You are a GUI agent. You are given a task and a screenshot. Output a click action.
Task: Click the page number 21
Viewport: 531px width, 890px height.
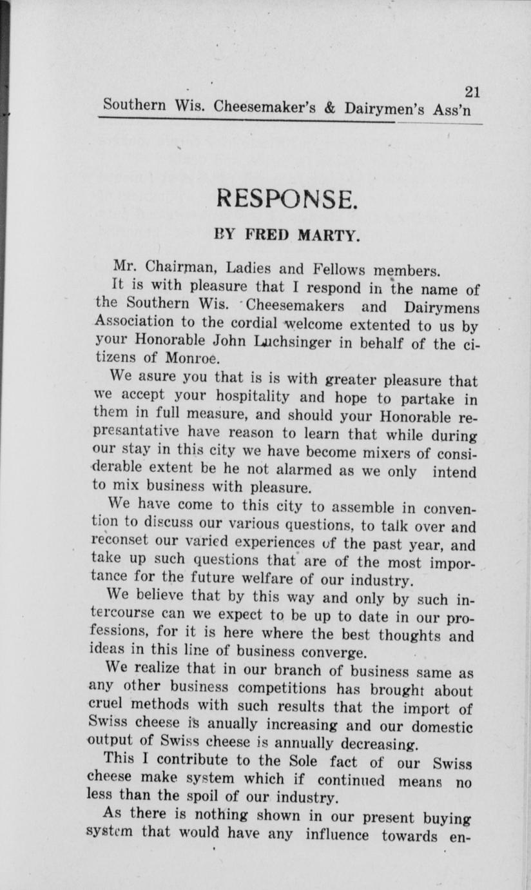pyautogui.click(x=472, y=92)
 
